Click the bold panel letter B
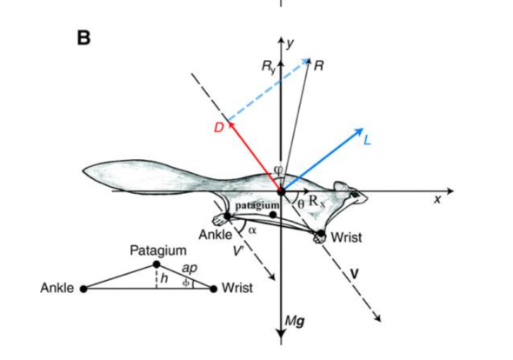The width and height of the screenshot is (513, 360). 83,38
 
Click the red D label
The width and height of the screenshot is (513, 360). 218,127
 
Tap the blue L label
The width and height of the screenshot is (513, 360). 367,140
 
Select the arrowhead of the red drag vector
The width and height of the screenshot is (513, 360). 230,124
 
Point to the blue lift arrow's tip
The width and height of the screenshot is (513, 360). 363,129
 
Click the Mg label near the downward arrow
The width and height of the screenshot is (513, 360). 295,322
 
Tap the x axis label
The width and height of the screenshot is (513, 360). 437,199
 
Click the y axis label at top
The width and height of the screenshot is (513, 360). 290,43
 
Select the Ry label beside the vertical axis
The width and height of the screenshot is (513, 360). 269,66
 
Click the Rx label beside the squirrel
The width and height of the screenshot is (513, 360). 317,201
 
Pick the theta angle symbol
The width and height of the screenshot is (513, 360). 301,204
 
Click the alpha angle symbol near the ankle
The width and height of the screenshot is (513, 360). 252,230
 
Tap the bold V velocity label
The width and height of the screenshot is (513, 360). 355,273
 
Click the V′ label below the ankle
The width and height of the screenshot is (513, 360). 238,251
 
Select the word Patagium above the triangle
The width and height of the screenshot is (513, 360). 158,250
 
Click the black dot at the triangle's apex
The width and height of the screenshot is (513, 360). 157,264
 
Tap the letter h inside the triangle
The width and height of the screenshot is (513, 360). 164,278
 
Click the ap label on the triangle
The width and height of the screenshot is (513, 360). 190,269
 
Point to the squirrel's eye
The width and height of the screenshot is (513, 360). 356,195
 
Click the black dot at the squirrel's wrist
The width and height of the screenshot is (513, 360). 321,234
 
